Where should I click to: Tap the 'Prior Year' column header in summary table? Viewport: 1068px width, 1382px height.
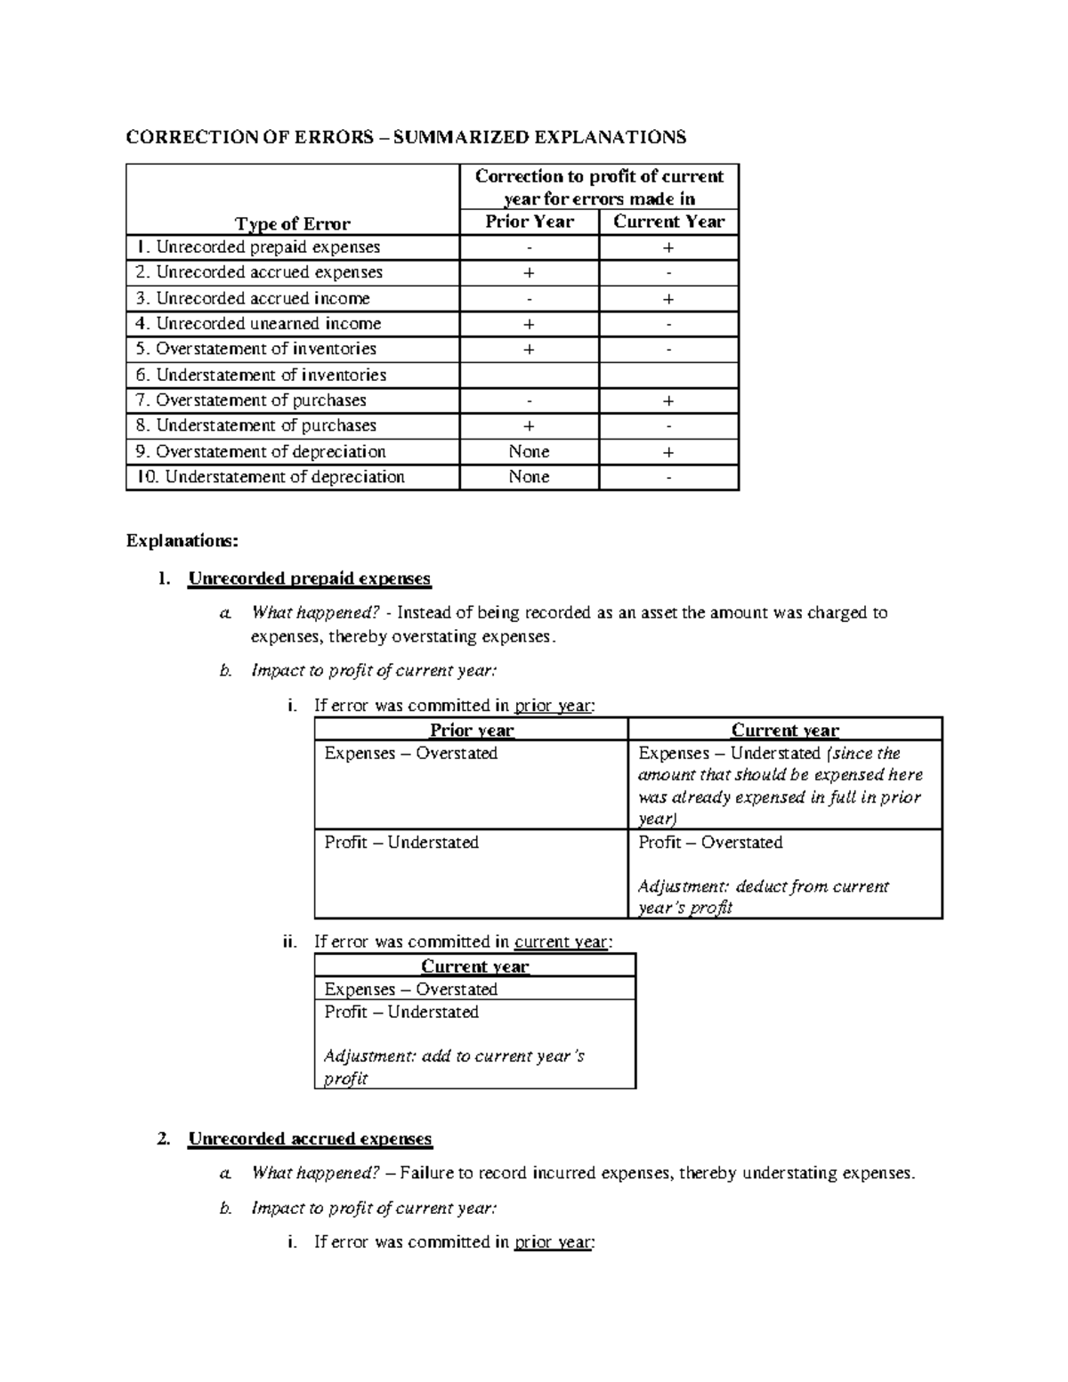pos(529,222)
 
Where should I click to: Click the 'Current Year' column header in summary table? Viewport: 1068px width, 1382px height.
pos(668,222)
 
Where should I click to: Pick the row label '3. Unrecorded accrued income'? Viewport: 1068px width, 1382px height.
pos(252,298)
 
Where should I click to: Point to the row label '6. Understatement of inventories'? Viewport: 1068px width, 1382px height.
pos(260,375)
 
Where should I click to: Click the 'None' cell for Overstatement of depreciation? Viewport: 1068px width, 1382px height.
pos(529,451)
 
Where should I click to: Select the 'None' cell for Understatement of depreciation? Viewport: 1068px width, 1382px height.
pos(529,477)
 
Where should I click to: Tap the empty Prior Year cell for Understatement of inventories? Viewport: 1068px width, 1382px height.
pos(529,375)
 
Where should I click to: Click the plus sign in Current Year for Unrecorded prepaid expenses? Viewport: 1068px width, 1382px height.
pos(668,247)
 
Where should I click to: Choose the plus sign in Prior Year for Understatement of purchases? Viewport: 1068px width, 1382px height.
pos(529,425)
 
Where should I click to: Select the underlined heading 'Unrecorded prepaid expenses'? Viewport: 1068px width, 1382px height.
pos(309,578)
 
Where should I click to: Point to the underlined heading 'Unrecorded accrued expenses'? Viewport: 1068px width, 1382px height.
pos(310,1139)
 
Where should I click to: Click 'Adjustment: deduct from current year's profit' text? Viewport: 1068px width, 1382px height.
pos(763,897)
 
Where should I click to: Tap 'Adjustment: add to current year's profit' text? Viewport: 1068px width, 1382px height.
pos(453,1067)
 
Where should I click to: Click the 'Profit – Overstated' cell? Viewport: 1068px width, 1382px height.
pos(710,842)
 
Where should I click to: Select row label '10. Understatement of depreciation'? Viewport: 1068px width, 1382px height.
pos(270,477)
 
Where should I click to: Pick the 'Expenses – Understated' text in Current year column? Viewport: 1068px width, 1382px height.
pos(728,753)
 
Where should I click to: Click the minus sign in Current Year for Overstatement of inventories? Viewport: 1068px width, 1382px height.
pos(668,349)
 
